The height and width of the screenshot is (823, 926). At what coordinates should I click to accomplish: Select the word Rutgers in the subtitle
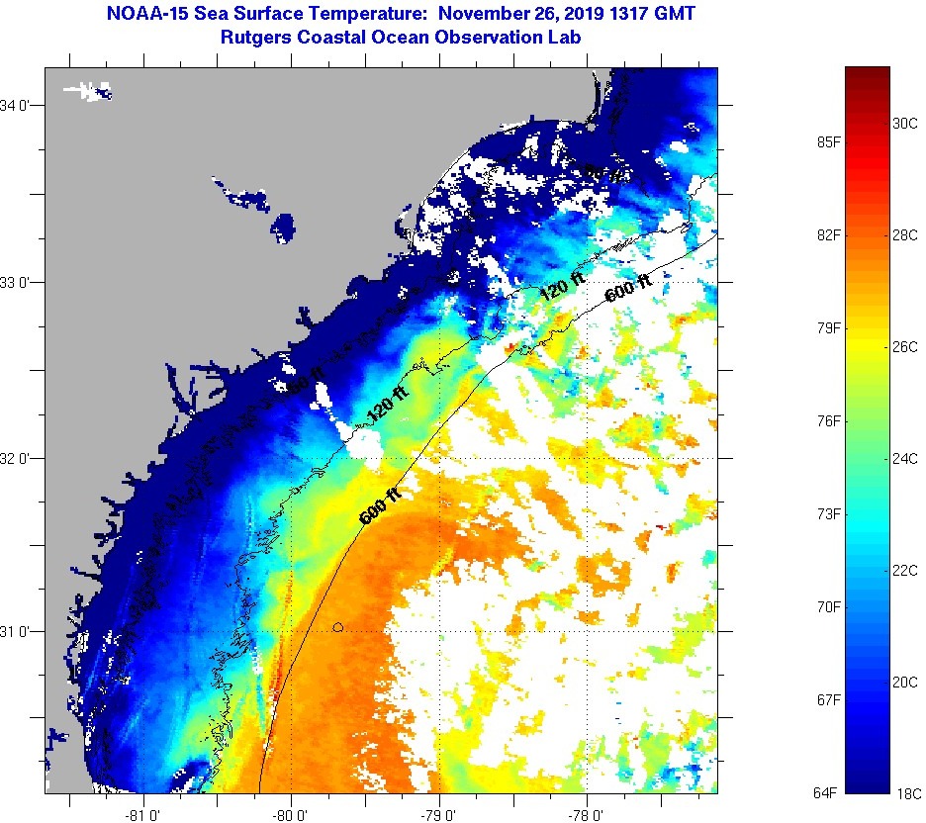[x=257, y=38]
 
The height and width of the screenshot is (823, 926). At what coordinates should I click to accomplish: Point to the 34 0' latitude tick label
[x=20, y=106]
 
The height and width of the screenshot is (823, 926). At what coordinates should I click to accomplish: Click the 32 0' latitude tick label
[x=20, y=459]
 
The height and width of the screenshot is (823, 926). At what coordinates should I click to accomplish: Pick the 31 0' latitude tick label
[x=20, y=631]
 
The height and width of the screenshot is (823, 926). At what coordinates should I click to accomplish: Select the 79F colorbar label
[x=827, y=328]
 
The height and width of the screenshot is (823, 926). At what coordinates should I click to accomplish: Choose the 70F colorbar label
[x=827, y=606]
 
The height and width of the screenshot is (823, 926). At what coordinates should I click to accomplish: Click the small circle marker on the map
[x=338, y=627]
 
